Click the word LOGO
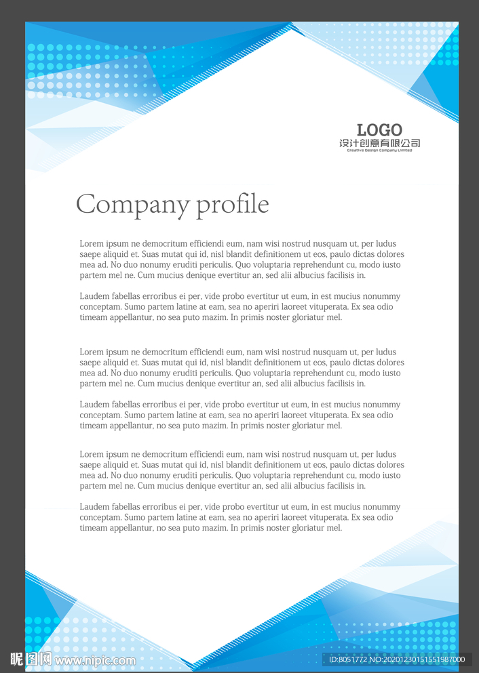[x=379, y=130]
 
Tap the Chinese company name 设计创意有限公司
[x=379, y=143]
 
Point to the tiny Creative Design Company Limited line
[x=379, y=150]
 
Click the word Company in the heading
[x=132, y=205]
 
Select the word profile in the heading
[x=233, y=205]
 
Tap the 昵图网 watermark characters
[x=31, y=659]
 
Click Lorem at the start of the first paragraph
[x=92, y=244]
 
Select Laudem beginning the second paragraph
[x=94, y=296]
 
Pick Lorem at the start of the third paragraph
[x=92, y=352]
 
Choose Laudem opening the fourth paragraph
[x=94, y=405]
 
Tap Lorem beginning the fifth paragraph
[x=92, y=455]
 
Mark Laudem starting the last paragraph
[x=94, y=507]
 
